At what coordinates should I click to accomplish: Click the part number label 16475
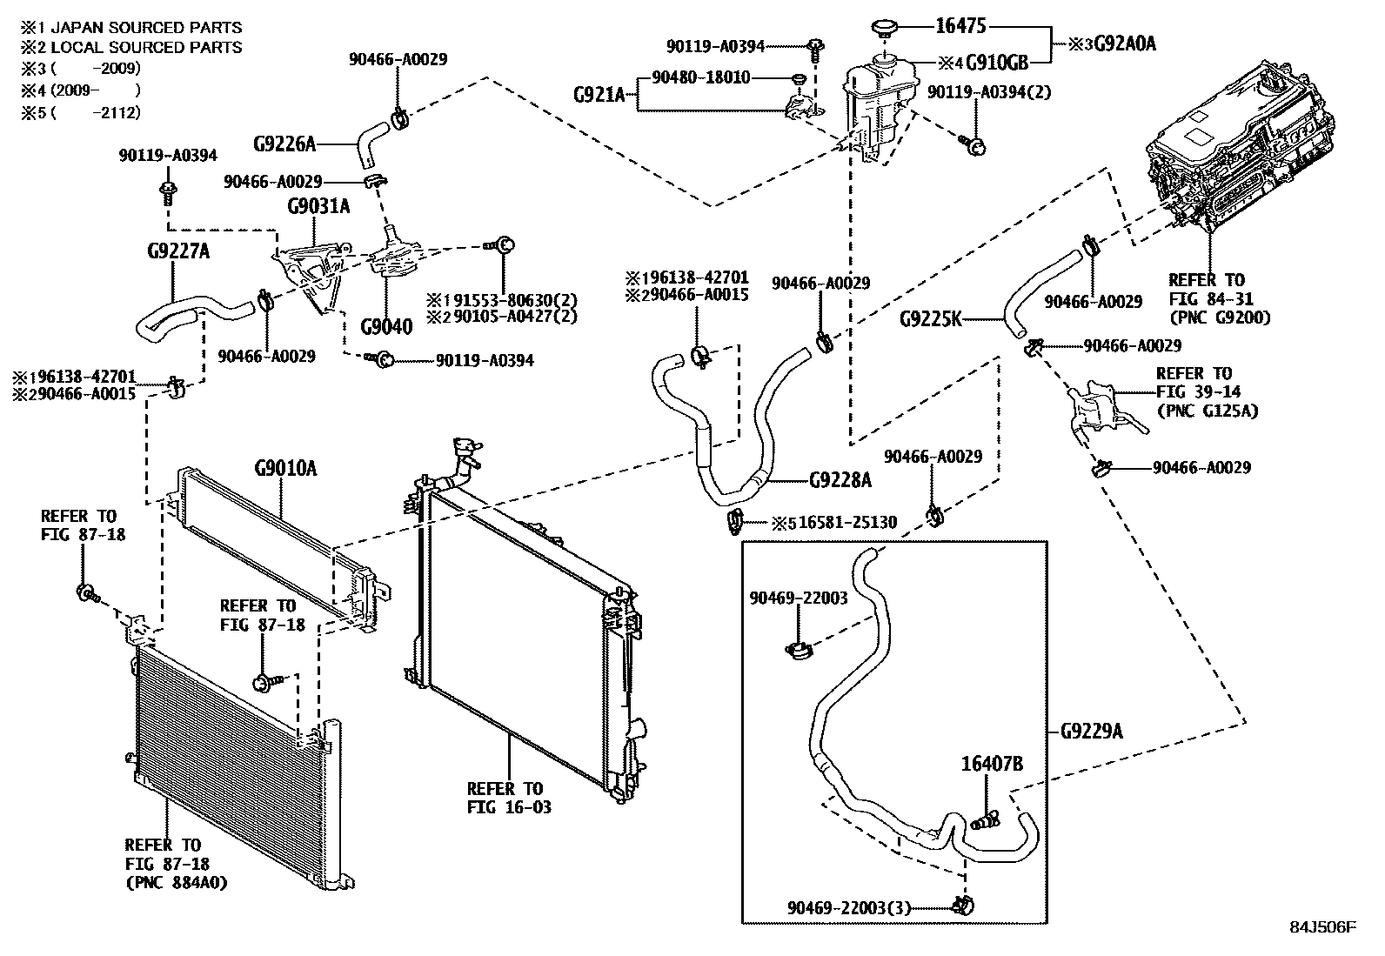coord(960,26)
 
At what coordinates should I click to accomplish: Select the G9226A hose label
coord(284,144)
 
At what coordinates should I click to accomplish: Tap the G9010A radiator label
coord(285,470)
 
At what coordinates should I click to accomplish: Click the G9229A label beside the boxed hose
coord(1091,732)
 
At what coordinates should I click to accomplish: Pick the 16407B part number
coord(991,765)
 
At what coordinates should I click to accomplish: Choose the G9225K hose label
coord(930,319)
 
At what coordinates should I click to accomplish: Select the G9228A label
coord(840,480)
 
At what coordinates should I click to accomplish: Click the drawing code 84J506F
coord(1322,926)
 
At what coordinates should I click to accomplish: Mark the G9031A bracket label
coord(318,206)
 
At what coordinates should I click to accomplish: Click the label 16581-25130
coord(846,523)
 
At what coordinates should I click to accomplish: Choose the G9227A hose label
coord(177,252)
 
